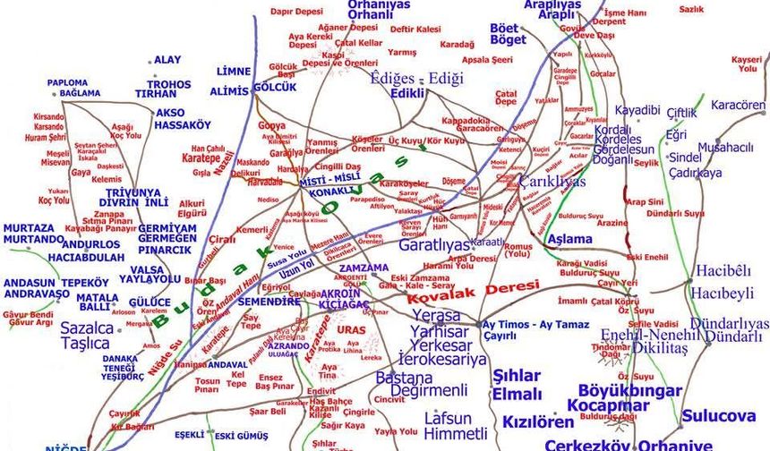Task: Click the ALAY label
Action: tap(167, 60)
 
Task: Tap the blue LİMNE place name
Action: tap(234, 72)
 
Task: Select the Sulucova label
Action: tap(718, 416)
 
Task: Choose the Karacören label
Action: tap(739, 105)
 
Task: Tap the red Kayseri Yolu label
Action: tap(745, 64)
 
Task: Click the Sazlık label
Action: tap(691, 9)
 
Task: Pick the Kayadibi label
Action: tap(637, 110)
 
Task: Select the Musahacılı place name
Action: tap(726, 147)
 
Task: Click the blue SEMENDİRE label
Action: tap(269, 302)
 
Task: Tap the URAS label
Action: tap(352, 329)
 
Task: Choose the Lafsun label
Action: tap(448, 417)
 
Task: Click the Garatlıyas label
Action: tap(434, 244)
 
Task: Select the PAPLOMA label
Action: tap(67, 82)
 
